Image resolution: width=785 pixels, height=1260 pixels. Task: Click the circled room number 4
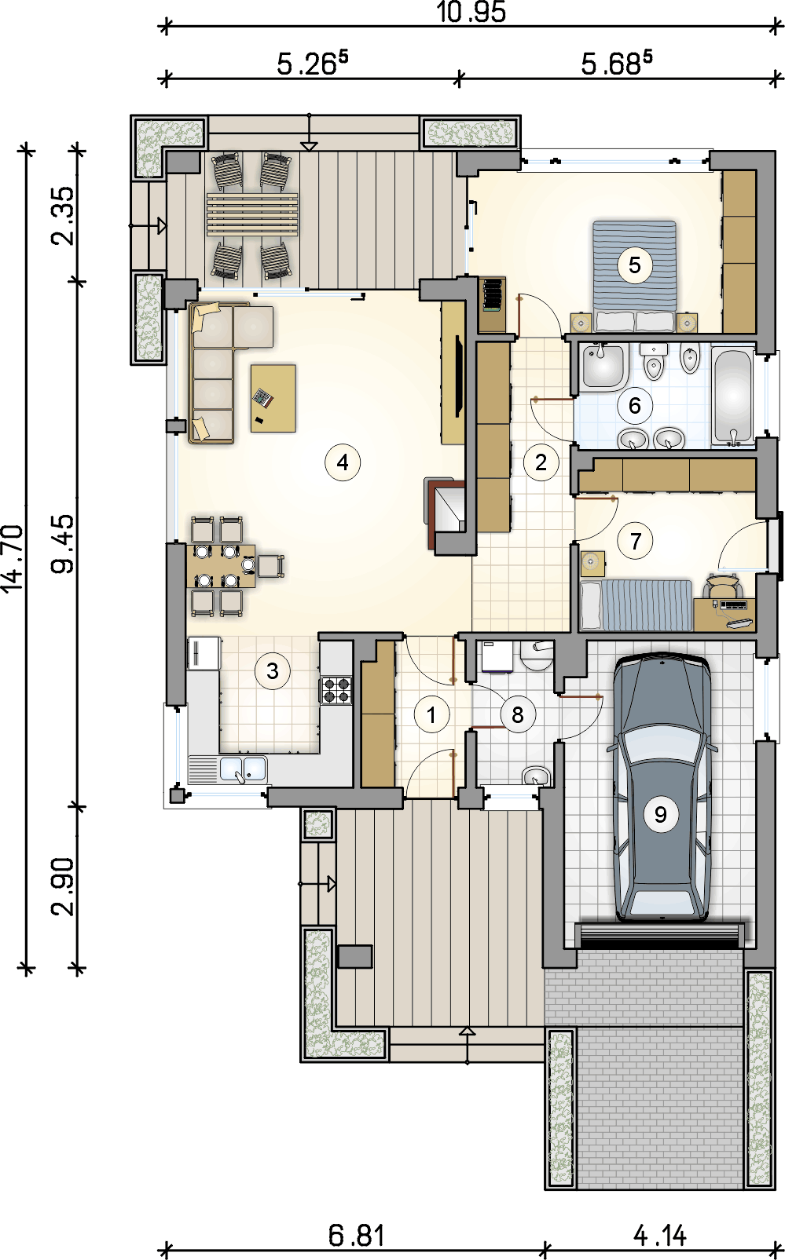[343, 462]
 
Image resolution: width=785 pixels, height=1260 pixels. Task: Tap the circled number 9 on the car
[660, 815]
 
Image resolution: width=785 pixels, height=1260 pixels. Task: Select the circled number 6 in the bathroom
[634, 406]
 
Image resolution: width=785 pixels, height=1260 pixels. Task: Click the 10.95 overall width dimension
[471, 12]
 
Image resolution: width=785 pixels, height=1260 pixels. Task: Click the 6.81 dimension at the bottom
[357, 1236]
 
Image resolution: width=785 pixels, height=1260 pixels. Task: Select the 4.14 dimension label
[659, 1236]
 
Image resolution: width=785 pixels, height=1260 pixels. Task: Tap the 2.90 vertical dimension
[63, 886]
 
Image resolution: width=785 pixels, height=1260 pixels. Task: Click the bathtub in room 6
[732, 396]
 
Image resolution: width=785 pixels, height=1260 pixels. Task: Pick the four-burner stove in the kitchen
[337, 690]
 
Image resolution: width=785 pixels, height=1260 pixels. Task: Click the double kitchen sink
[243, 769]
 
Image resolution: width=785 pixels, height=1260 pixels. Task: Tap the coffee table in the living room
[273, 398]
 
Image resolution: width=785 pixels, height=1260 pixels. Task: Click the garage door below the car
[659, 936]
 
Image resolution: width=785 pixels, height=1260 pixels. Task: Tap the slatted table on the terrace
[252, 214]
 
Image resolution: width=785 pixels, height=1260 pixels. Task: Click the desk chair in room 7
[723, 586]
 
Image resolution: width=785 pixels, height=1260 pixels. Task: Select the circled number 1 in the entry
[431, 714]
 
